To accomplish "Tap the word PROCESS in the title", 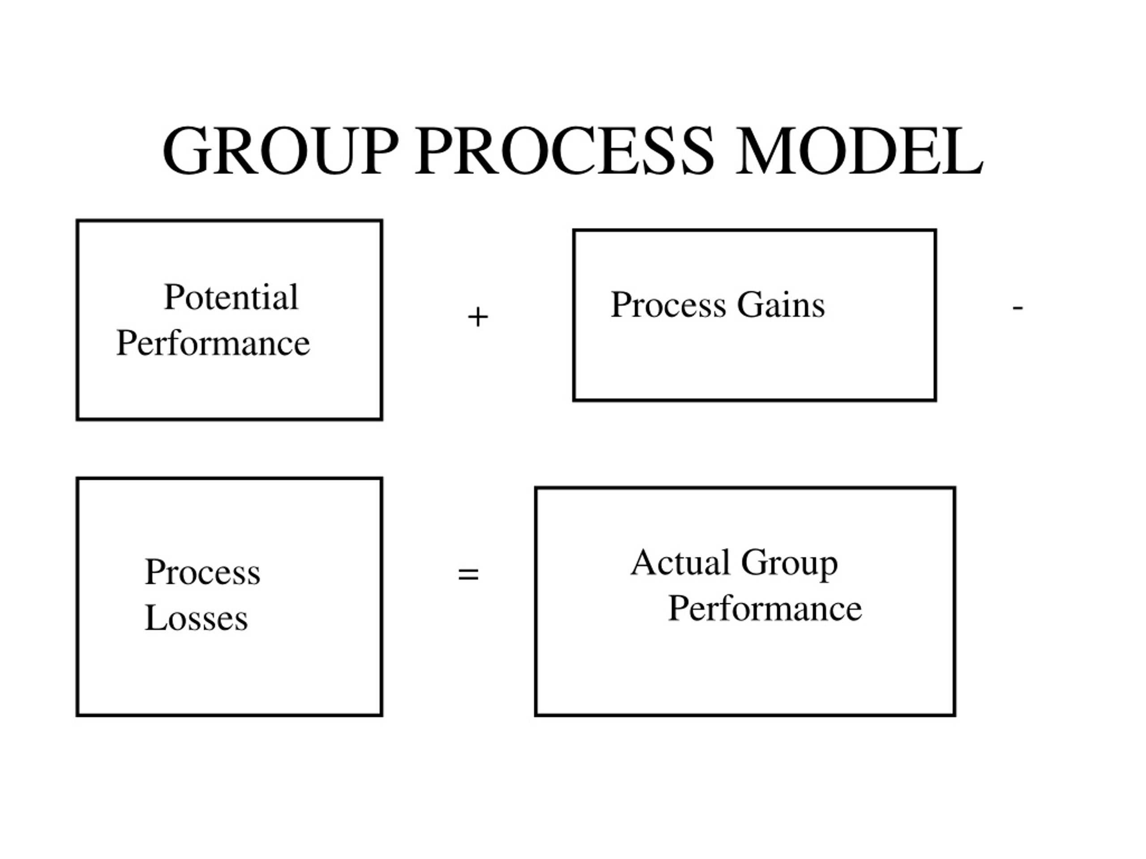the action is pos(564,151).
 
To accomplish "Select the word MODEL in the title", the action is pos(859,151).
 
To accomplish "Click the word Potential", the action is pos(231,297).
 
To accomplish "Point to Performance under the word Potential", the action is pos(214,343).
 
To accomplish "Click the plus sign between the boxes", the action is pos(478,317).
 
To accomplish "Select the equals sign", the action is pos(468,574).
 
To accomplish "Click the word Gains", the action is pos(781,305).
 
